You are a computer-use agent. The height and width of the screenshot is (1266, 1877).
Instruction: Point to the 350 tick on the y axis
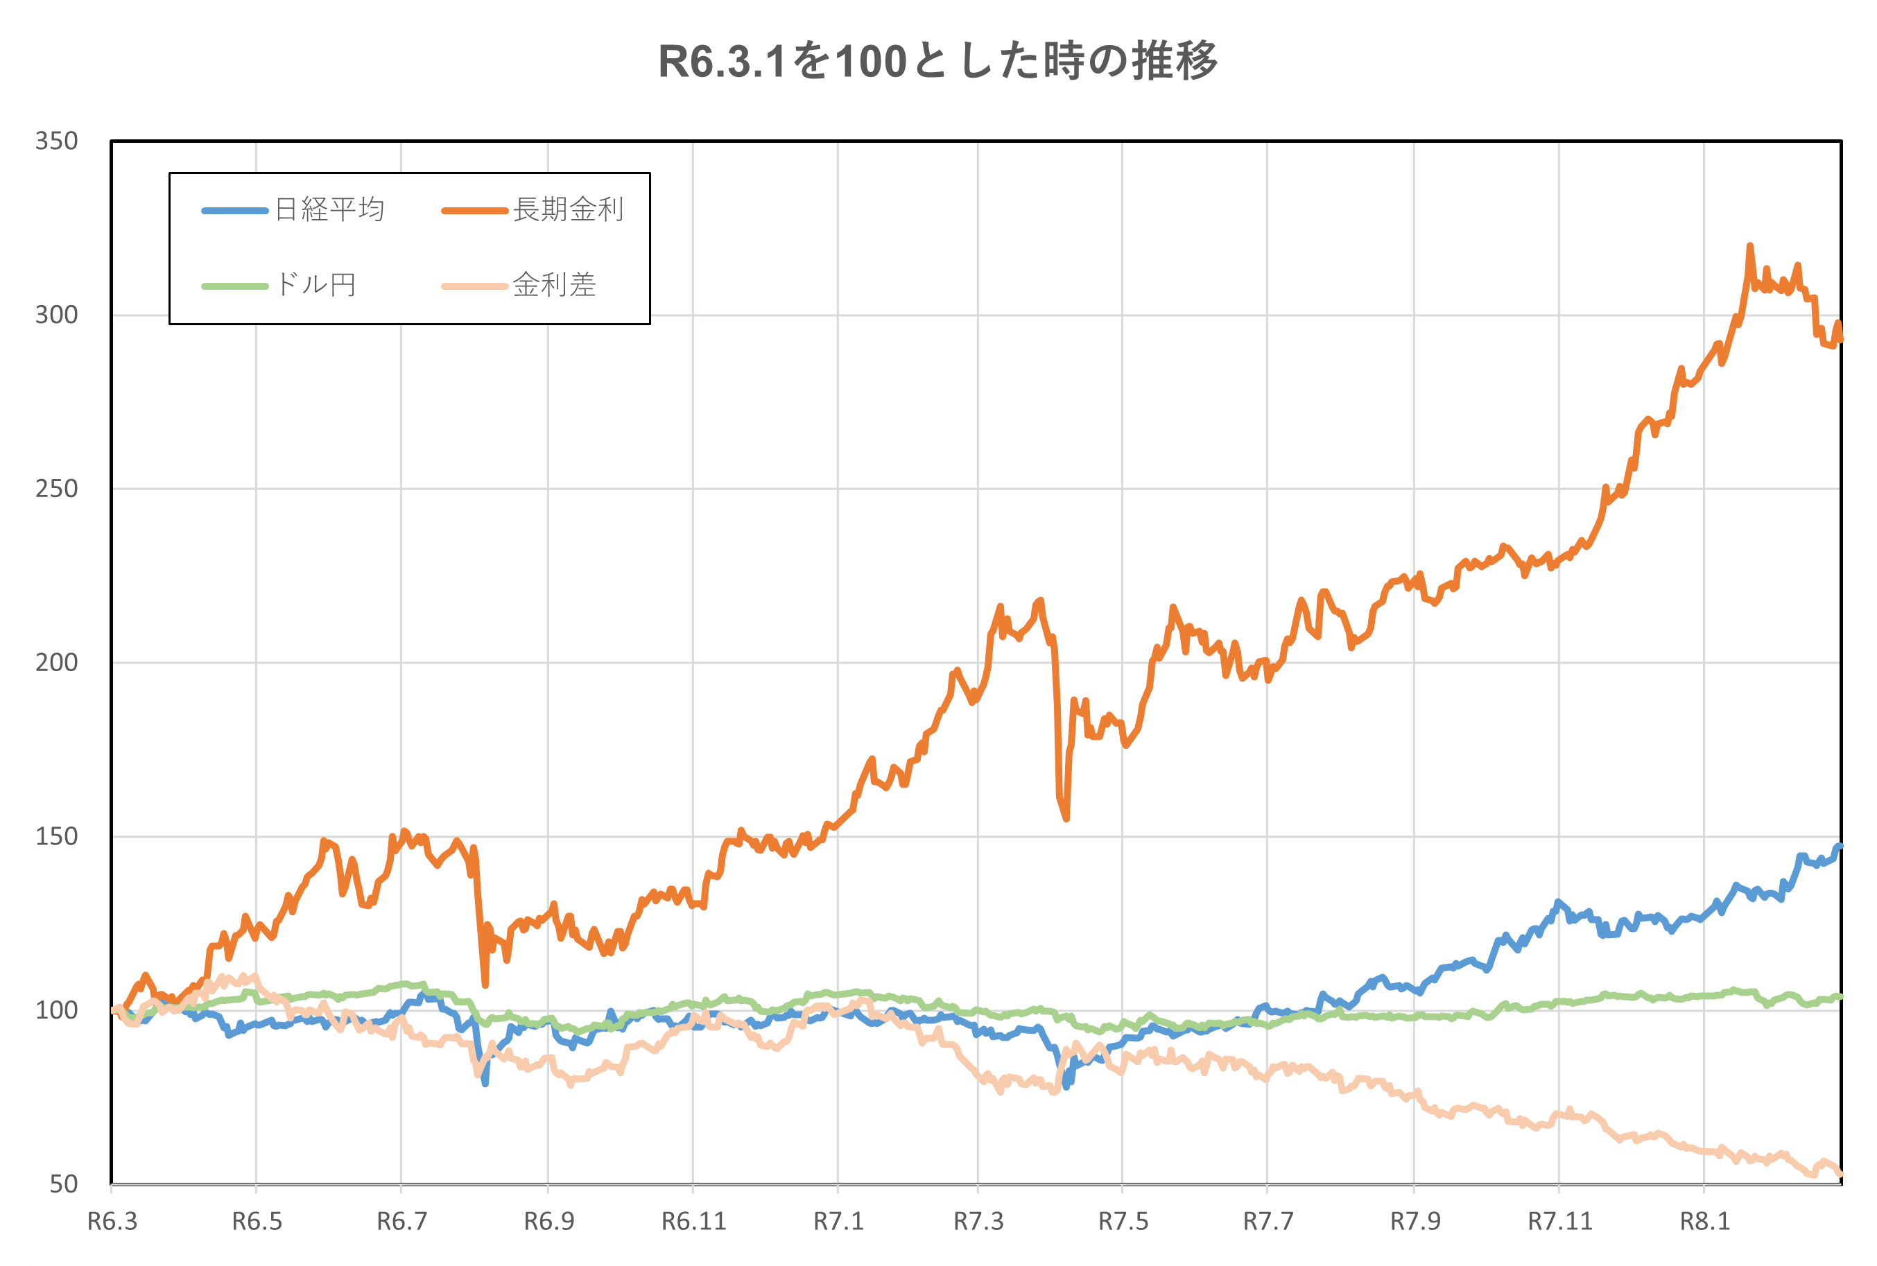tap(57, 141)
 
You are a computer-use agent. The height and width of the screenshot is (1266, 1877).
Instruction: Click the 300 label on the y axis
tap(57, 315)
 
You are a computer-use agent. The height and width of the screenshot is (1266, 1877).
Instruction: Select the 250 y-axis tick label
tap(57, 489)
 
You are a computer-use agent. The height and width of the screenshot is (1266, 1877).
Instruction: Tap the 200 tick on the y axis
tap(57, 663)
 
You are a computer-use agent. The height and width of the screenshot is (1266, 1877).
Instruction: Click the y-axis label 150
tap(57, 836)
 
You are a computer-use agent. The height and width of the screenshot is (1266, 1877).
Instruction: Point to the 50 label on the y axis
tap(63, 1183)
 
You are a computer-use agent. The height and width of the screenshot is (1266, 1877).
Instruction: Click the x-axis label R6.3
tap(112, 1221)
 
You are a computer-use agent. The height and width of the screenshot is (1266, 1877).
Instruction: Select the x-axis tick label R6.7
tap(401, 1221)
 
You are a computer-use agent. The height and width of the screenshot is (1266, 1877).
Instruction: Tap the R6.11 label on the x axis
tap(693, 1221)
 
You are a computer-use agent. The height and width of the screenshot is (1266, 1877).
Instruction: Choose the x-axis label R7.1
tap(838, 1221)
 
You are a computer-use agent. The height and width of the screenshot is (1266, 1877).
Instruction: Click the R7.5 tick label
tap(1123, 1221)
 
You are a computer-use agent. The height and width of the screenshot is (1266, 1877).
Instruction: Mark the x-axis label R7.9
tap(1415, 1221)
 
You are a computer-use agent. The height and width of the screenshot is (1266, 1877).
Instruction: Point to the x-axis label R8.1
tap(1705, 1221)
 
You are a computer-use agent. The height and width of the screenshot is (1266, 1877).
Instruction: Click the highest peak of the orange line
tap(1749, 245)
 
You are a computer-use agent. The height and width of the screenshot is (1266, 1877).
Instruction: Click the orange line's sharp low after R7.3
tap(1066, 819)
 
